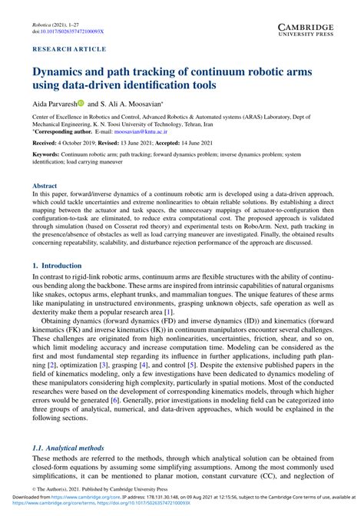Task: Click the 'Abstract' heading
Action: pyautogui.click(x=44, y=185)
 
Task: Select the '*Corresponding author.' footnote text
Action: pyautogui.click(x=61, y=133)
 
